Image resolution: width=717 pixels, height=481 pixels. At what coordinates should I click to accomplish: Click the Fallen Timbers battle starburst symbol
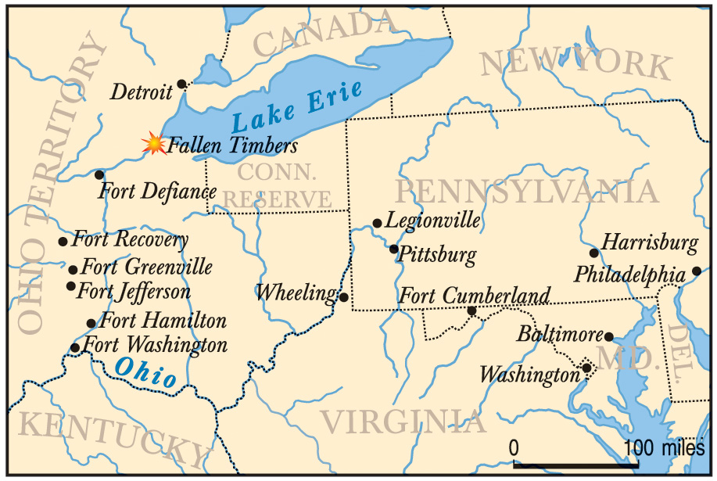154,144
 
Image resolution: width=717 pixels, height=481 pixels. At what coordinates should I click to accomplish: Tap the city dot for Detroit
181,84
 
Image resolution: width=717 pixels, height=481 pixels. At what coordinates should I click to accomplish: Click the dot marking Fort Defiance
99,174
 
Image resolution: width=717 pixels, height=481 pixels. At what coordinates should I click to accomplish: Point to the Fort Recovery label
130,239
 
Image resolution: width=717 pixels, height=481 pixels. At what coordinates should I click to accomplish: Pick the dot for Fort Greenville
73,269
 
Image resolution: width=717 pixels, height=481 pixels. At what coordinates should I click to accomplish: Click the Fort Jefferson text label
134,292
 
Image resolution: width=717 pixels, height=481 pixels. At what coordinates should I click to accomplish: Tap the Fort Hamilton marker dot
91,323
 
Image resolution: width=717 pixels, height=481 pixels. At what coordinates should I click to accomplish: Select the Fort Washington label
155,345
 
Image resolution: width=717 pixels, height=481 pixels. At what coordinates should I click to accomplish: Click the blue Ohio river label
145,372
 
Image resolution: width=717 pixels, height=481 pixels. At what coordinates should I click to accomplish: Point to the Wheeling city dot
343,297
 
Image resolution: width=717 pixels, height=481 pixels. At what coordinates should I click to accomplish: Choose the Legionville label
432,221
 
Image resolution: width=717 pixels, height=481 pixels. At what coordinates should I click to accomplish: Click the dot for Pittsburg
394,249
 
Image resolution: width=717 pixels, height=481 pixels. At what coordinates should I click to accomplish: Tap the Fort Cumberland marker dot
471,310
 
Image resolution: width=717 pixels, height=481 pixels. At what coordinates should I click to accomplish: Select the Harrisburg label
649,242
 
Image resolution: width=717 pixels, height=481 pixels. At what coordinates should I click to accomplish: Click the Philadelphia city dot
697,271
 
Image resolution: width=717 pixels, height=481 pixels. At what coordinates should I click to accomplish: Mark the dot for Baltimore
609,337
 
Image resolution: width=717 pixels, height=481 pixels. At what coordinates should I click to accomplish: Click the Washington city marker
586,368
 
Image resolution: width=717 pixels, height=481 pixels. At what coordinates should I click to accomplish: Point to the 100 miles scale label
665,448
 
